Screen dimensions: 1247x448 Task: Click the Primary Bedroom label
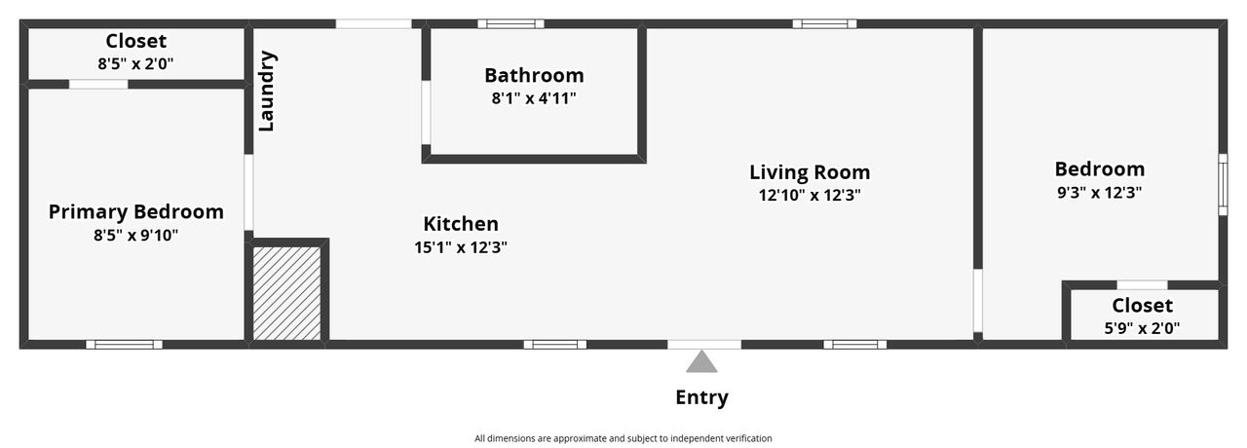click(x=136, y=212)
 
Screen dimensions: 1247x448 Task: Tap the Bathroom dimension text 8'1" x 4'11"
click(x=534, y=98)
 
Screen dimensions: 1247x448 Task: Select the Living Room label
click(x=810, y=172)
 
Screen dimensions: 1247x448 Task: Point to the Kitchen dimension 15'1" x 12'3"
click(x=461, y=247)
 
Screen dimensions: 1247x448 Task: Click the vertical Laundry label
click(x=267, y=92)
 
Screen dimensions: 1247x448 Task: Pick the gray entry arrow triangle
click(x=701, y=361)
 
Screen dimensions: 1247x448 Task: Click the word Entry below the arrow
click(x=701, y=397)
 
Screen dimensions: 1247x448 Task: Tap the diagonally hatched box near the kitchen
click(x=286, y=293)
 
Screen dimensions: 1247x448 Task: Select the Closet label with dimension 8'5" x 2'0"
click(x=135, y=41)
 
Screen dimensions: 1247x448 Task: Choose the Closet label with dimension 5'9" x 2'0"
click(x=1143, y=306)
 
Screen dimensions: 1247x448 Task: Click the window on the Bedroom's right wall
click(x=1223, y=185)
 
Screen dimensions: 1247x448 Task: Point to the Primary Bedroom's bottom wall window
click(x=124, y=345)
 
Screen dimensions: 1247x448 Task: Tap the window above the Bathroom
click(x=511, y=24)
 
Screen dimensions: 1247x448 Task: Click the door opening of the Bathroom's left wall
click(x=426, y=113)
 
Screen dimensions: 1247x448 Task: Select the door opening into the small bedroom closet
click(x=1143, y=285)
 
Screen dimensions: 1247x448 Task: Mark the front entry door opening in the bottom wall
click(x=704, y=345)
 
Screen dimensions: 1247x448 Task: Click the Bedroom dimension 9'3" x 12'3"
click(x=1100, y=193)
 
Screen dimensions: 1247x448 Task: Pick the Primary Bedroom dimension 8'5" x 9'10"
click(x=135, y=236)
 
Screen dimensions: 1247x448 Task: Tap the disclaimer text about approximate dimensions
click(x=623, y=438)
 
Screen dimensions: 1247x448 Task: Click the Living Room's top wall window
click(x=824, y=24)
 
